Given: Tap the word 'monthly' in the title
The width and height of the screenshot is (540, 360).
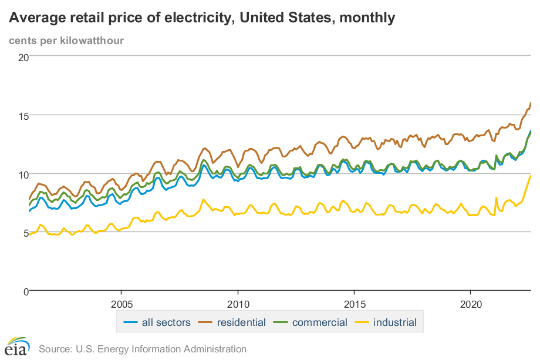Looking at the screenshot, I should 366,18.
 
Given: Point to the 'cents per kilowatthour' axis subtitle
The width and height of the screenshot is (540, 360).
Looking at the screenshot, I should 66,41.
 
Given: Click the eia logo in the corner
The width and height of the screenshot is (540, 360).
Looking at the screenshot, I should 18,346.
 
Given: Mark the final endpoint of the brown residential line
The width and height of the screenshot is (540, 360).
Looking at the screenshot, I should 531,103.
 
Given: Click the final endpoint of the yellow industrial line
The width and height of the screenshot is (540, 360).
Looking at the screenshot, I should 531,176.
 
